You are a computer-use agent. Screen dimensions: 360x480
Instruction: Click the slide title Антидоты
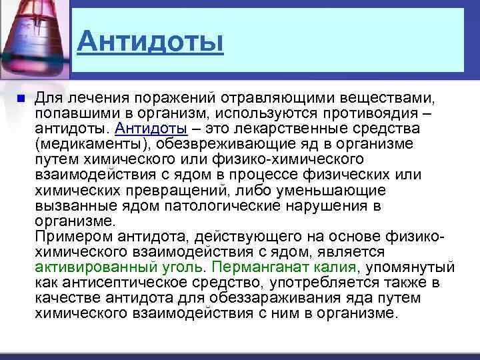pos(149,43)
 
